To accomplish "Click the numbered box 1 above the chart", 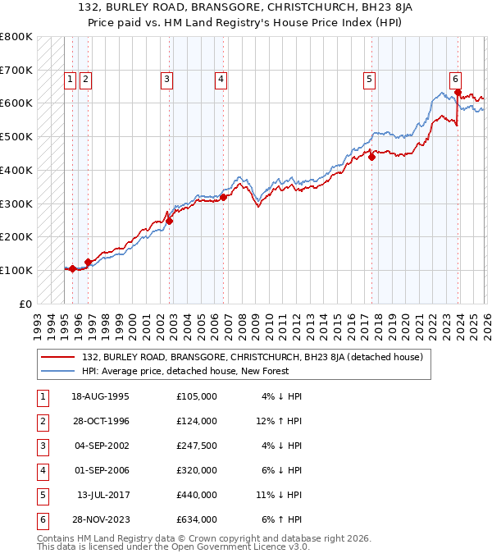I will point(71,80).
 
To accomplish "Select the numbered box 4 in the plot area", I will point(221,80).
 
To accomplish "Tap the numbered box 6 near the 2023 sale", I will point(454,79).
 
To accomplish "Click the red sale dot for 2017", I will point(371,157).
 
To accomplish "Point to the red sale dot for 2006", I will point(224,197).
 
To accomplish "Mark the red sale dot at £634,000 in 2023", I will point(458,92).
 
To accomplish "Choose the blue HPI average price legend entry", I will point(205,371).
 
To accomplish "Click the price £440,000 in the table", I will point(196,495).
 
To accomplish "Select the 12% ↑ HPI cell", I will point(279,421).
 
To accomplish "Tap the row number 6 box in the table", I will point(41,519).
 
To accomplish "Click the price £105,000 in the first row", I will point(196,396).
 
